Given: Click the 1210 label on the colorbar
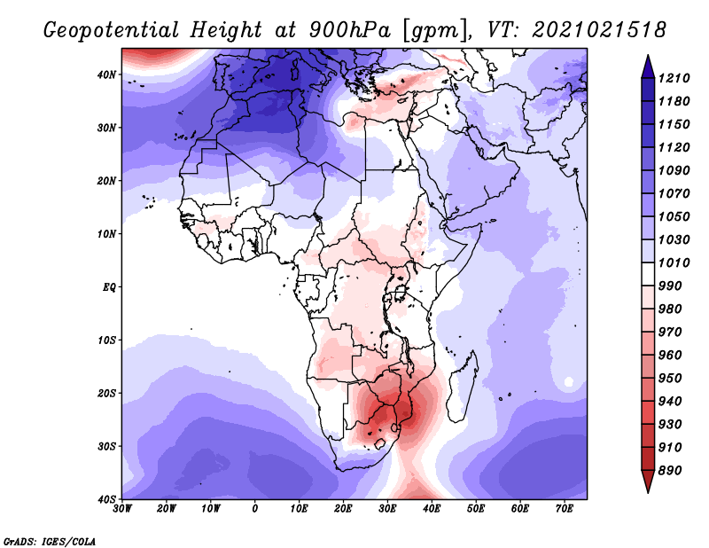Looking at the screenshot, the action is [674, 78].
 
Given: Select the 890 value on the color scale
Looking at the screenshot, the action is [669, 471].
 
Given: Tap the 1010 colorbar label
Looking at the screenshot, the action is [674, 262].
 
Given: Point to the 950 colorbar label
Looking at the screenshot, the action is [669, 379].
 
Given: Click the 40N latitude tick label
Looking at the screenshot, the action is [106, 74].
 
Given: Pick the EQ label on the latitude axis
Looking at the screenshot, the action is [109, 287].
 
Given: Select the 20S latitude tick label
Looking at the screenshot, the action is [106, 393].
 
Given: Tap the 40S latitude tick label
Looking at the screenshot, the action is [106, 499].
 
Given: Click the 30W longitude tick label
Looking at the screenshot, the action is [122, 509].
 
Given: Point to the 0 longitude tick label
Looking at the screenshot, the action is [255, 509].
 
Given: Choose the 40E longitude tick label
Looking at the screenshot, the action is [432, 509].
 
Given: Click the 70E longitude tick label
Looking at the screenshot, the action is [565, 509].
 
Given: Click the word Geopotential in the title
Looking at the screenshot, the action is [112, 30].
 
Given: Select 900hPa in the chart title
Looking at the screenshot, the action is [349, 30].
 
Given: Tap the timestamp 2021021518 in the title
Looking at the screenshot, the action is [600, 30].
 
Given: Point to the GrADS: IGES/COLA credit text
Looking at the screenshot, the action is [50, 541].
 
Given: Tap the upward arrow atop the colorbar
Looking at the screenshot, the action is [648, 67].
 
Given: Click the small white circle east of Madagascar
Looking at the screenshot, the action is [569, 382].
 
